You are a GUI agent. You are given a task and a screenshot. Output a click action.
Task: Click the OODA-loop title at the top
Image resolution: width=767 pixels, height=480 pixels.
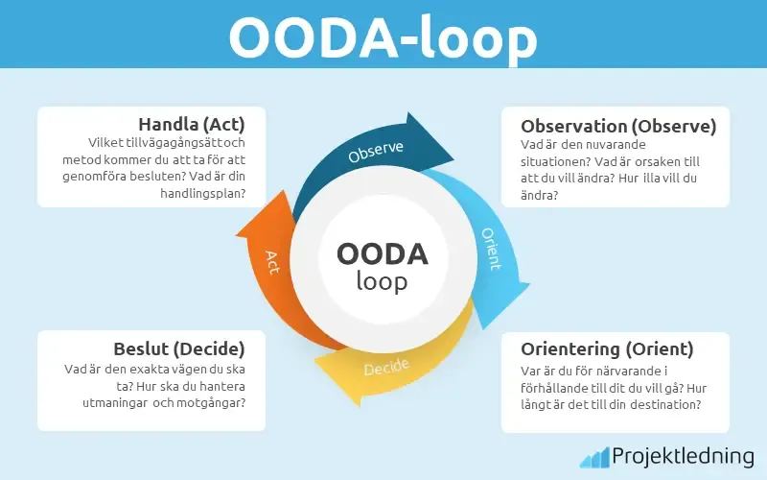383,36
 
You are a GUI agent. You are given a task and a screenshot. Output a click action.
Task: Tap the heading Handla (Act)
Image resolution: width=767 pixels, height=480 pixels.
192,125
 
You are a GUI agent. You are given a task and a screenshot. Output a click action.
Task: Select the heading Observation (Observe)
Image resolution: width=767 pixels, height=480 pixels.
618,126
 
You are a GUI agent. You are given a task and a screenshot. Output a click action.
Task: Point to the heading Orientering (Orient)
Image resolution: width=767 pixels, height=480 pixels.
607,348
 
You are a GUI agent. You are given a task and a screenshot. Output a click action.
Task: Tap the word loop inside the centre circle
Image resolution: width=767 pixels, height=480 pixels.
382,282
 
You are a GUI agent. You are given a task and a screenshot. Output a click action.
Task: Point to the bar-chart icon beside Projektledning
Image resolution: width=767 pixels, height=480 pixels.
594,456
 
